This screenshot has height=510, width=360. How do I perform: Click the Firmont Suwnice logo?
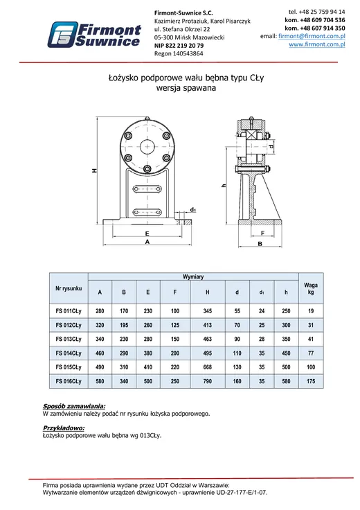point(95,35)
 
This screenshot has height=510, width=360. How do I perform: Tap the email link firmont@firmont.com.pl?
point(312,36)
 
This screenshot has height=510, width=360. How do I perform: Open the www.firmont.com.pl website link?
point(317,44)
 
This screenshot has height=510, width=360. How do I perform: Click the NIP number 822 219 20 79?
point(185,46)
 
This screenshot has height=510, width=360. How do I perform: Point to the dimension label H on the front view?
point(94,170)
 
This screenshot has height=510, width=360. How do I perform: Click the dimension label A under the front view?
point(147,242)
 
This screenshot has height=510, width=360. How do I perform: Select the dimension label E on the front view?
point(147,234)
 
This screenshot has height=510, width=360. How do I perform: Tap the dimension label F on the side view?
point(262,233)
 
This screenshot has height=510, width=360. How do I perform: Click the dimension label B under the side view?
point(260,244)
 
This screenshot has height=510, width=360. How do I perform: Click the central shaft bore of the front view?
point(147,147)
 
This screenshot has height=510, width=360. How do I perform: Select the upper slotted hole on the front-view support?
point(147,189)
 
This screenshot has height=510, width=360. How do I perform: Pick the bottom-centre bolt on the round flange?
point(147,168)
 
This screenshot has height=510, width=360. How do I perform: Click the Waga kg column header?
point(311,288)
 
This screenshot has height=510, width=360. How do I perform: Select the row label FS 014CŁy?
point(69,353)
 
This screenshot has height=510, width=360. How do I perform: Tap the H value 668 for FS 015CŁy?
point(207,367)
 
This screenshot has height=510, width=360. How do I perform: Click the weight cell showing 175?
point(311,381)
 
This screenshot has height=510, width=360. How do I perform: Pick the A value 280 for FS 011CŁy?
point(100,311)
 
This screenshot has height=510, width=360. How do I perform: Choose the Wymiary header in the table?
point(193,276)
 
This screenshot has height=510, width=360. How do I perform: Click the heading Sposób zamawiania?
point(74,406)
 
